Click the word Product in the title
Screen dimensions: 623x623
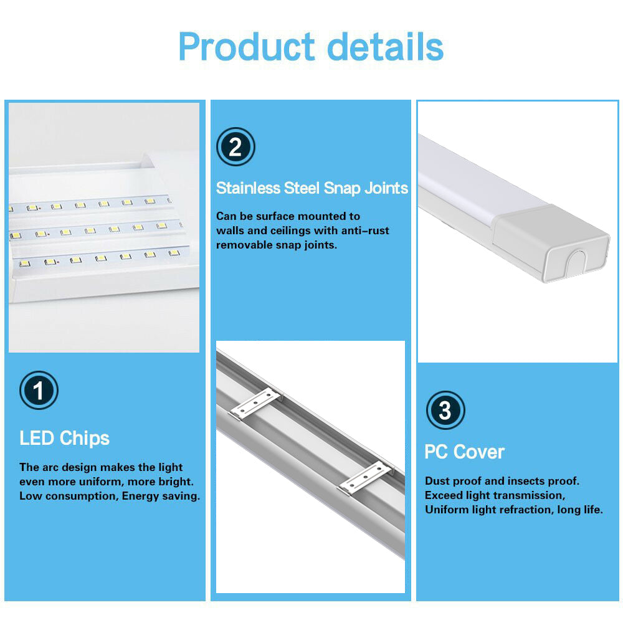[x=247, y=47]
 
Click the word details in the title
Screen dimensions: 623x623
[x=386, y=46]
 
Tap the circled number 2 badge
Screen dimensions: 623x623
[x=235, y=148]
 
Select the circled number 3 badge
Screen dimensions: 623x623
[x=445, y=411]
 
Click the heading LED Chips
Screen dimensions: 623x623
[x=64, y=438]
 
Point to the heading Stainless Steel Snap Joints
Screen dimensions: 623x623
[x=311, y=188]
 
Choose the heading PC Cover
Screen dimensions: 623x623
[x=464, y=452]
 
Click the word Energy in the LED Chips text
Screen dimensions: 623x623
[x=143, y=497]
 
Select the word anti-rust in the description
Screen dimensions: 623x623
[x=363, y=231]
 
